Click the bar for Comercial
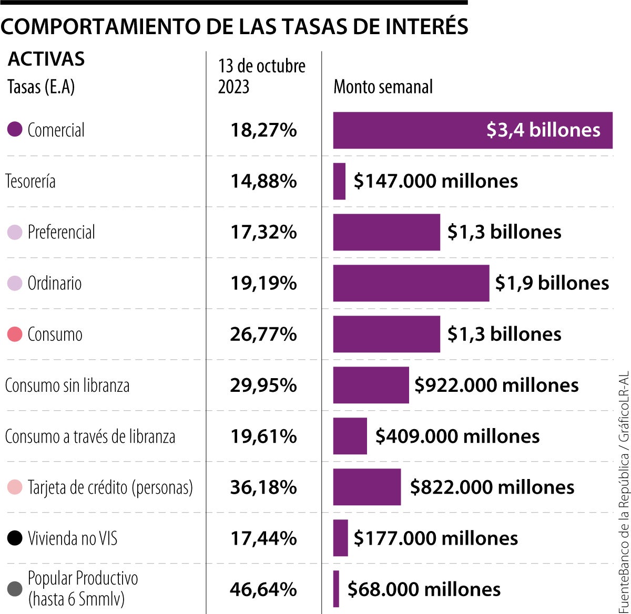tap(472, 130)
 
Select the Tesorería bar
tap(339, 181)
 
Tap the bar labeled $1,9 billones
tap(411, 283)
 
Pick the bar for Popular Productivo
tap(336, 589)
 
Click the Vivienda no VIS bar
tap(340, 538)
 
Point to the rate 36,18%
tap(263, 487)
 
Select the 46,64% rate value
tap(263, 589)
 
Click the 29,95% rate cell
tap(263, 386)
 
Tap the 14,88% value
tap(263, 181)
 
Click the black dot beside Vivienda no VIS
tap(15, 538)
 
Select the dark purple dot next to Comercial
tap(15, 130)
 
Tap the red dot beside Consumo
tap(15, 334)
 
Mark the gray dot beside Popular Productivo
tap(15, 589)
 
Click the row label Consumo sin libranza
tap(67, 386)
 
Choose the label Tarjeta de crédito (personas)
tap(110, 487)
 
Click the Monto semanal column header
tap(383, 87)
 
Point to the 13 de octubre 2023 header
tap(261, 76)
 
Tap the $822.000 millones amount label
tap(492, 487)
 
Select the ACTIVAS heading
tap(46, 59)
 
